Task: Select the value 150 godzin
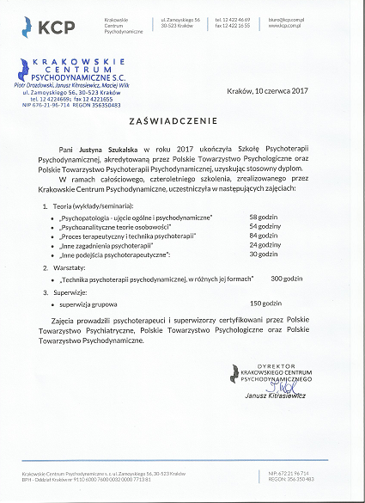point(265,304)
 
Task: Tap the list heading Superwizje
point(71,291)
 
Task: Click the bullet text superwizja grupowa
point(90,304)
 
